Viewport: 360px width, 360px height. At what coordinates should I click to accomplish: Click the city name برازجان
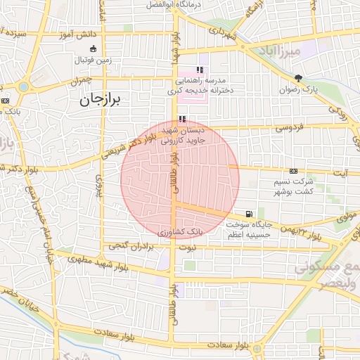click(101, 100)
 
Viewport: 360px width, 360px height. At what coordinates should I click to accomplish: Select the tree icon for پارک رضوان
click(299, 78)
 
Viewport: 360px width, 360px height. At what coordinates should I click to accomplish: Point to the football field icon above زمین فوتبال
click(94, 49)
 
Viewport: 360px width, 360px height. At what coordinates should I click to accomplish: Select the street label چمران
click(81, 82)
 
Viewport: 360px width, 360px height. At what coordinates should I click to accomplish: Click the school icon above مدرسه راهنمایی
click(200, 70)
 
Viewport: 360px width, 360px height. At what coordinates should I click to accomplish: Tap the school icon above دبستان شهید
click(183, 120)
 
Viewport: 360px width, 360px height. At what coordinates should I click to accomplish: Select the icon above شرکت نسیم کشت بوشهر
click(293, 171)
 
